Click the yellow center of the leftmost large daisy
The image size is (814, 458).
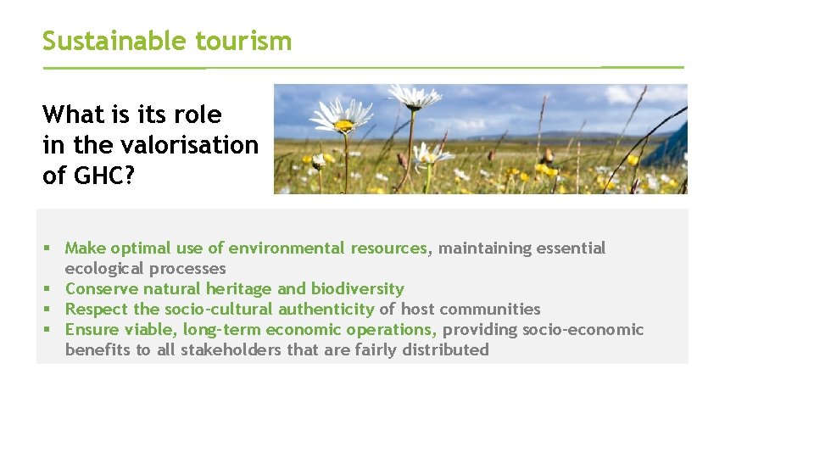[x=343, y=126]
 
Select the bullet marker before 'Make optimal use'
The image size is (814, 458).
[x=50, y=249]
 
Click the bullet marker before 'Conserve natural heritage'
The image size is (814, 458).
[x=50, y=289]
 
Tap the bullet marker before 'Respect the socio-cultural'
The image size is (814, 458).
[x=50, y=310]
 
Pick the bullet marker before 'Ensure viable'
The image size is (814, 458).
[x=50, y=330]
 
